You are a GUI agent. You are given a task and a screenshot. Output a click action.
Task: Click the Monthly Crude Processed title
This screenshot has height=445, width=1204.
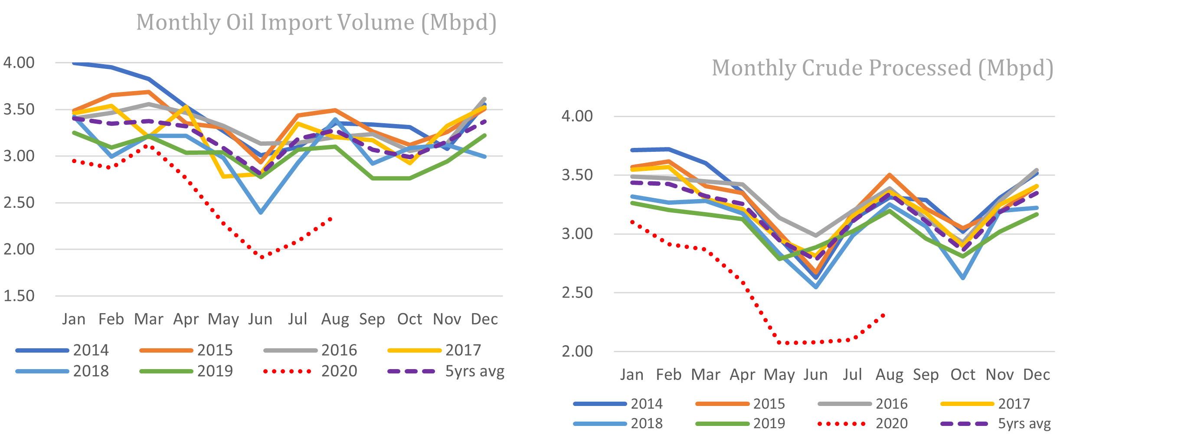tap(883, 68)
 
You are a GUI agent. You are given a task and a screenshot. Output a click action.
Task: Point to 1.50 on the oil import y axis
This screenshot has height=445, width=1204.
tap(19, 296)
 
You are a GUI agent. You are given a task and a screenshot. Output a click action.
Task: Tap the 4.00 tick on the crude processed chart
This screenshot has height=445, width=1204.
tap(577, 116)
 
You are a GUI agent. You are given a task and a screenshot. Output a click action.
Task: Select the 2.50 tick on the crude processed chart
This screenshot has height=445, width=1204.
tap(577, 293)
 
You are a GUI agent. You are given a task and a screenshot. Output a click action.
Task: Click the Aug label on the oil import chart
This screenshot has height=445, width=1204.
tap(335, 319)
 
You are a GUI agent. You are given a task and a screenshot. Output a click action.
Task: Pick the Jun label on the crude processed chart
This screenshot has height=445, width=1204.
tap(815, 375)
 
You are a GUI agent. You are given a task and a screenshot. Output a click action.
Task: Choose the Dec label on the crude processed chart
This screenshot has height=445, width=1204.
tap(1036, 375)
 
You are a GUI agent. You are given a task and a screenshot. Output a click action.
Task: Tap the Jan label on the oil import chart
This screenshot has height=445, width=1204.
tap(74, 319)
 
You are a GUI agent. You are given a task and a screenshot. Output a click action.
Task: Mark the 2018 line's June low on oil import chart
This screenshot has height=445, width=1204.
tap(261, 213)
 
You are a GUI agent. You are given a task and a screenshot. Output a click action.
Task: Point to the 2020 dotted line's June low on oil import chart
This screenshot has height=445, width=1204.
tap(262, 257)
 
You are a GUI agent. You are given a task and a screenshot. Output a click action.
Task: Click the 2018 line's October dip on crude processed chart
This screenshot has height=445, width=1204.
tap(963, 278)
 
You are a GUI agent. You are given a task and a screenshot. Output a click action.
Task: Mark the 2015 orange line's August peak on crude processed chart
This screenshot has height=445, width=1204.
tap(890, 175)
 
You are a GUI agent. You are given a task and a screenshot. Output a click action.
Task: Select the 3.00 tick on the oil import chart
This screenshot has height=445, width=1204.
tap(19, 156)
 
